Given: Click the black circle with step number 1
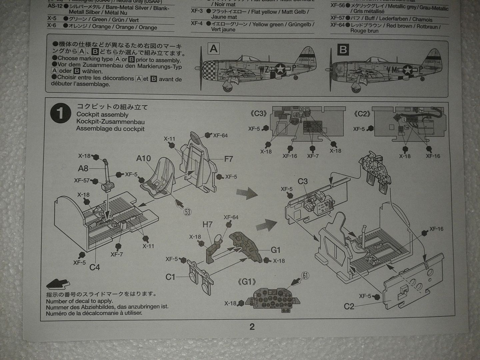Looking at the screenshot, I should point(60,113).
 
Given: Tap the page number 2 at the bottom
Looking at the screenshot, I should point(252,327).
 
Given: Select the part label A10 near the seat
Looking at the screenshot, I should point(143,158).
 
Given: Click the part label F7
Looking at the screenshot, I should point(228,159).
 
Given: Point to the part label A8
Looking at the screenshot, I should point(83,169).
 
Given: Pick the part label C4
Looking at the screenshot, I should point(95,267).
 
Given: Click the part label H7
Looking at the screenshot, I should point(207,224).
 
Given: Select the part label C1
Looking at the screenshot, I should point(170,277).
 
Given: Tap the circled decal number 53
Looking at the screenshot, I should point(187,212).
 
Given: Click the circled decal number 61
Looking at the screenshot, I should point(305,275).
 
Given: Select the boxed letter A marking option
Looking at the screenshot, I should point(213,49).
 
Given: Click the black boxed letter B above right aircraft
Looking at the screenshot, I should point(343,50).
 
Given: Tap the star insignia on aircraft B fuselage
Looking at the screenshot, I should point(407,70).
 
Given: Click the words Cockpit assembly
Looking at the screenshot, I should point(102,114).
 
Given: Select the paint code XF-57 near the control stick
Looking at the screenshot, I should point(82,180).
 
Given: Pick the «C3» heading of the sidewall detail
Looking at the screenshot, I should point(259,114).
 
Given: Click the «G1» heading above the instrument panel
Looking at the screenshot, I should point(247,282).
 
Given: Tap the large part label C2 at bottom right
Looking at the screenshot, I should point(349,306).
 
